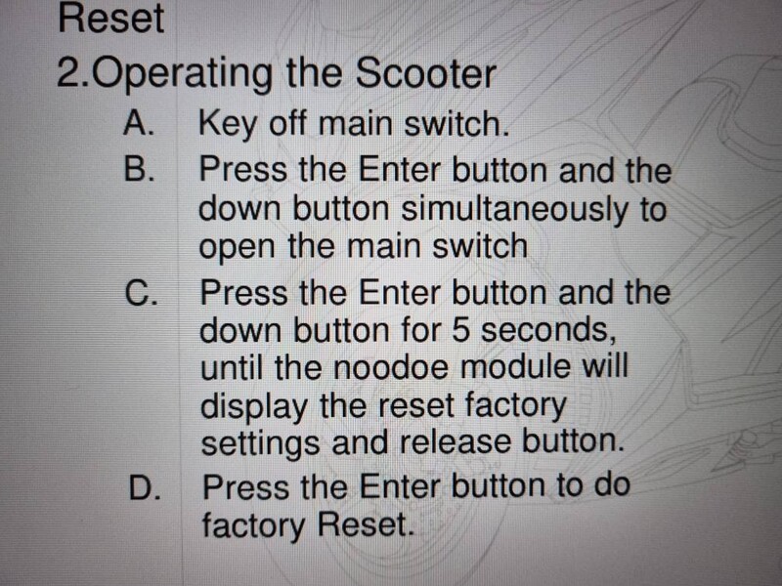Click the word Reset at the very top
[110, 18]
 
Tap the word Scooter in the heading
[425, 74]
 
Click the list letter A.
[138, 123]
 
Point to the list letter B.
[139, 168]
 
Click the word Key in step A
[227, 124]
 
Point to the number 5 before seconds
[460, 329]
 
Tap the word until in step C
[232, 368]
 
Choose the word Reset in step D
[366, 524]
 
